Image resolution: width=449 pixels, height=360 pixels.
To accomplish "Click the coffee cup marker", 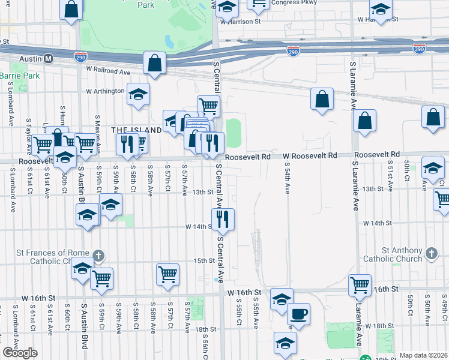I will [298, 313].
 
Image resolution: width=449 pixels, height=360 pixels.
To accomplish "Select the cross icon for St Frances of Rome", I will [99, 256].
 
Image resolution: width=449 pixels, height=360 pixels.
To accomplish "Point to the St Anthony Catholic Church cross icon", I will [430, 254].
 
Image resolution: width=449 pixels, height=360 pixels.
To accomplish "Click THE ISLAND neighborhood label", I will [136, 130].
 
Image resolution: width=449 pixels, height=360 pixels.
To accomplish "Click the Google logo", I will [20, 353].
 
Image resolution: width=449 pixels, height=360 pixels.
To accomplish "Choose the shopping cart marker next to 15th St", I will [168, 274].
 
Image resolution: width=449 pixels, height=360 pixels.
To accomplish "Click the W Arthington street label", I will [105, 92].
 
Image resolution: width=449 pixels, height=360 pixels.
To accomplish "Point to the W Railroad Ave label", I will [108, 71].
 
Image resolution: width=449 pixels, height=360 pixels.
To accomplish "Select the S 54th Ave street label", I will [288, 178].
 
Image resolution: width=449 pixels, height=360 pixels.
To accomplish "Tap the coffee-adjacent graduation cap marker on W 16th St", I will [282, 298].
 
